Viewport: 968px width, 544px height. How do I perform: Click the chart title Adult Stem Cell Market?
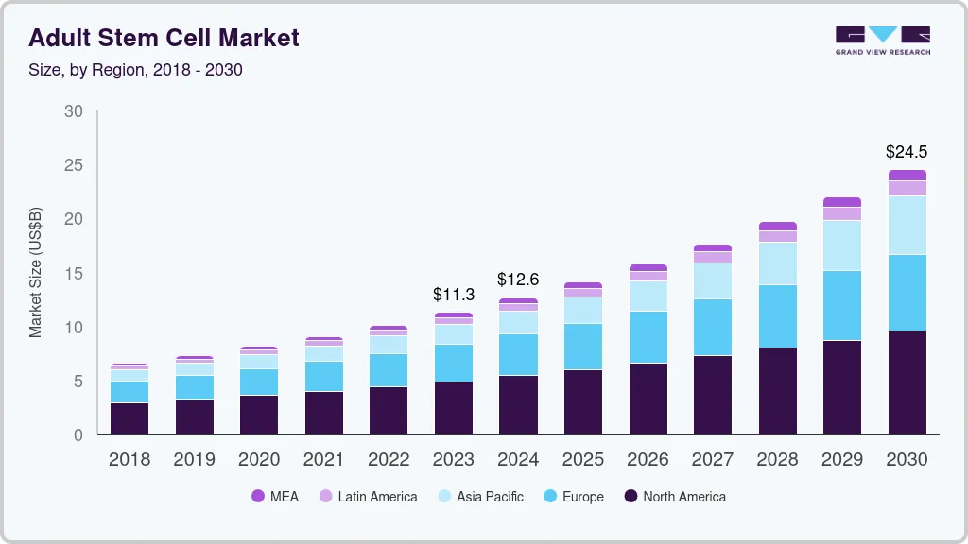pos(164,38)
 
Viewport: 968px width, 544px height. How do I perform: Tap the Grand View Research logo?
pos(882,41)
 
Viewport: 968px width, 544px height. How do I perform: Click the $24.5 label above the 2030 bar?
pos(906,151)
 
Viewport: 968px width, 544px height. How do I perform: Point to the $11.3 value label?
pos(454,295)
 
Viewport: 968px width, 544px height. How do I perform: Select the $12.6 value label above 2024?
pos(518,280)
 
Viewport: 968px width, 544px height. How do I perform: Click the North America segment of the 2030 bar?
pos(907,382)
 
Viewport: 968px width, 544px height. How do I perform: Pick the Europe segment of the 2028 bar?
pos(777,316)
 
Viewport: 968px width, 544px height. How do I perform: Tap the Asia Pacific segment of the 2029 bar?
pos(841,246)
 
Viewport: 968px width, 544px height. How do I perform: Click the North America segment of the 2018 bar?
pos(130,418)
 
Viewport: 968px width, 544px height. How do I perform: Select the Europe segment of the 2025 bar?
pos(582,347)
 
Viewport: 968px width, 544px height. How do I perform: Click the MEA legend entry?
pos(275,497)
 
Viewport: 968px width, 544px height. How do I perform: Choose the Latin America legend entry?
pos(368,497)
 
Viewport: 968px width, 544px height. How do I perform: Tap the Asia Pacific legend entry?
pos(479,497)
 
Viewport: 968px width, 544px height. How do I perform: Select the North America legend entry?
pos(674,497)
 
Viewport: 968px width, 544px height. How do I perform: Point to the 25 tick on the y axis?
pos(73,165)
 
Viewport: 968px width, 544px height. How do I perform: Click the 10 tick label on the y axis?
pos(73,328)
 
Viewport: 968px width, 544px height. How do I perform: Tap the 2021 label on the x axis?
pos(324,460)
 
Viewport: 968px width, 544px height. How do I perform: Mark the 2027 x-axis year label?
pos(712,460)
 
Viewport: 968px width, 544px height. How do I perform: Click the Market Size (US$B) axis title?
pos(36,273)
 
